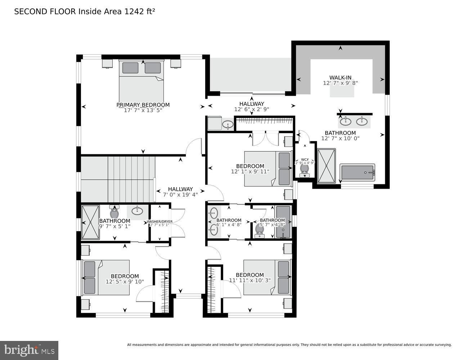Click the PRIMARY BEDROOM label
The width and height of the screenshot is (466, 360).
coord(143,105)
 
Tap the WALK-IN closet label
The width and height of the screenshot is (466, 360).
coord(340,77)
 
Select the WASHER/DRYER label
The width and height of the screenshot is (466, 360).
coord(159,221)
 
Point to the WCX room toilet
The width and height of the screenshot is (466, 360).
coord(305,169)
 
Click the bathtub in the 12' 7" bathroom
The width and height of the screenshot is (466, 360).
coord(358,172)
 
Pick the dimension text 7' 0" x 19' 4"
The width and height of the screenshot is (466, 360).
coord(180,195)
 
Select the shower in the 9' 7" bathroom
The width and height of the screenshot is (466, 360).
coord(90,222)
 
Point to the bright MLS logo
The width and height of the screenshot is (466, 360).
coord(29,350)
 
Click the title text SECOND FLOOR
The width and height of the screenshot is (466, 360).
coord(45,12)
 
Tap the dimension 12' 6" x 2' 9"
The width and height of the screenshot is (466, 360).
coord(251,109)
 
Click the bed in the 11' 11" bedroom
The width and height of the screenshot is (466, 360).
coord(266,277)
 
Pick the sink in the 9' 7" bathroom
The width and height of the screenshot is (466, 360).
coord(137,211)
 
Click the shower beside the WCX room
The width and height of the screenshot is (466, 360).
coord(326,166)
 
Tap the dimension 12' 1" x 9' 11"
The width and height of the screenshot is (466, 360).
coord(250,172)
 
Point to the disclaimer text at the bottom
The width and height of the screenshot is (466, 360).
coord(289,345)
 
